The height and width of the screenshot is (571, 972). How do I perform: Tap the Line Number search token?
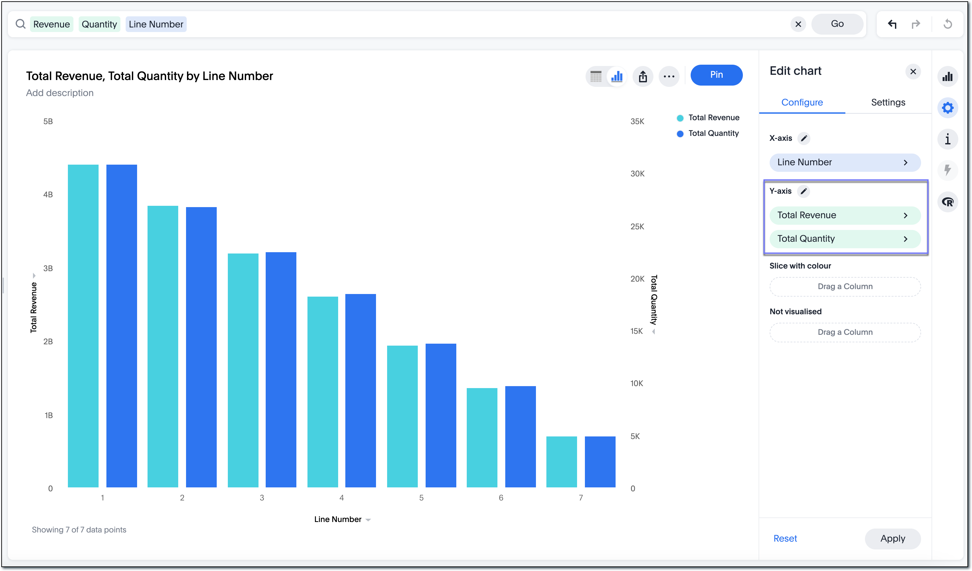click(x=156, y=24)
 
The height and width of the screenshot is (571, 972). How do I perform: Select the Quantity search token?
click(x=99, y=24)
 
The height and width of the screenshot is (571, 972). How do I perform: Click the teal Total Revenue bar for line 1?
click(x=83, y=326)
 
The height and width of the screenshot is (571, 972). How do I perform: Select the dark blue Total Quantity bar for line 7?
click(x=600, y=462)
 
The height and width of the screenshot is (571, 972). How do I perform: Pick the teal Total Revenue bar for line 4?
click(x=322, y=392)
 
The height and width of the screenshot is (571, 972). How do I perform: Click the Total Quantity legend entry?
click(x=713, y=134)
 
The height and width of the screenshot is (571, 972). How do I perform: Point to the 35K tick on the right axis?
click(x=637, y=122)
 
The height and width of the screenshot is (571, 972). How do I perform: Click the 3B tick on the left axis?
click(x=48, y=268)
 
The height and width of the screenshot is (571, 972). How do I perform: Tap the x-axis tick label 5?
click(x=421, y=498)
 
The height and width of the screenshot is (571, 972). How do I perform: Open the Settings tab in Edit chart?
click(x=887, y=102)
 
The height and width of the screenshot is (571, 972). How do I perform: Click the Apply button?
click(x=892, y=538)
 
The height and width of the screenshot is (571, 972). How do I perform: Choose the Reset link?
click(x=785, y=538)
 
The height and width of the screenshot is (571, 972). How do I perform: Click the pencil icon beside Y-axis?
click(x=804, y=191)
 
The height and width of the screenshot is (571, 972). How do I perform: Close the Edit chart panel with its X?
click(x=913, y=72)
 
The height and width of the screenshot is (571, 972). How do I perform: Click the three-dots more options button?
click(x=669, y=76)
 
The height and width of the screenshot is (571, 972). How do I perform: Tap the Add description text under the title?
click(x=60, y=93)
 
